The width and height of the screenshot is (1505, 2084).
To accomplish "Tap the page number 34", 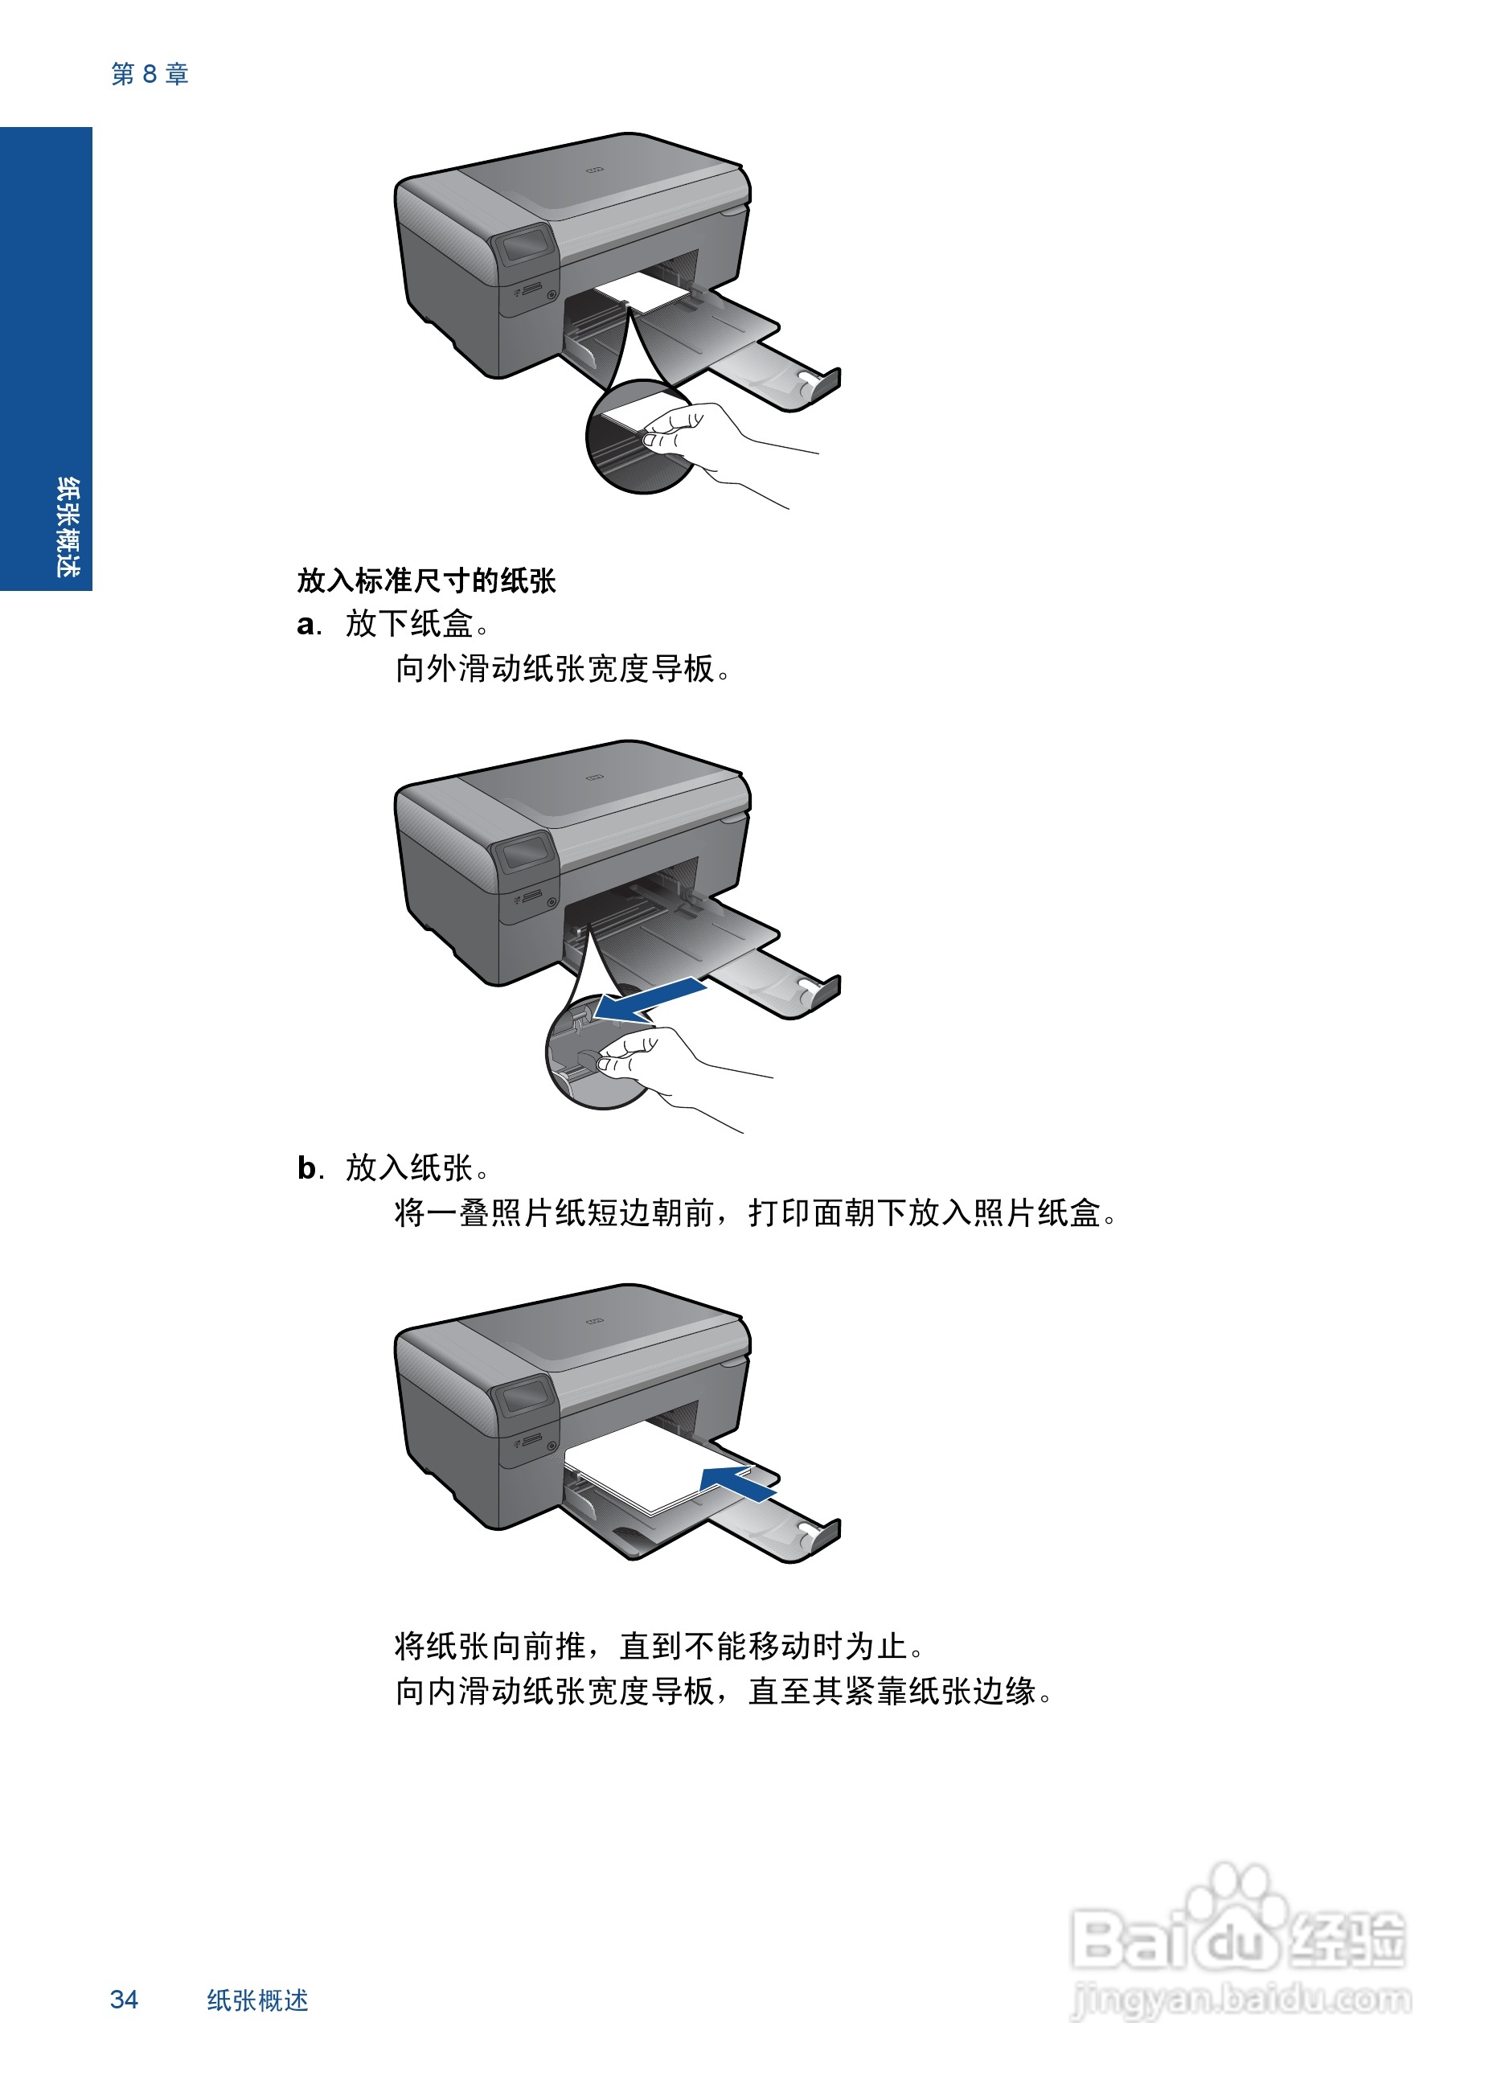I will click(124, 1999).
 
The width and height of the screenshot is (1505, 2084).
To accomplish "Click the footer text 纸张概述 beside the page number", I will click(257, 2000).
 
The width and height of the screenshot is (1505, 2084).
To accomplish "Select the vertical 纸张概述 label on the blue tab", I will click(66, 527).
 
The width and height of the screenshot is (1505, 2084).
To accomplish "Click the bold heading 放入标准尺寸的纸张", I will click(425, 580).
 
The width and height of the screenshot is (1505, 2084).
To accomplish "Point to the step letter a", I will click(306, 626).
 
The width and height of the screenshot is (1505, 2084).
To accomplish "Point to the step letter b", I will click(307, 1169).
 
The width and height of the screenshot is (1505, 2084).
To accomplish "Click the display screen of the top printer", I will click(526, 246).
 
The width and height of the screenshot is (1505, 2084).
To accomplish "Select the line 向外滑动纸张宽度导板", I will click(562, 669).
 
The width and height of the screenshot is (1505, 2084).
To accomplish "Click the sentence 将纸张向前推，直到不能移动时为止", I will click(658, 1646).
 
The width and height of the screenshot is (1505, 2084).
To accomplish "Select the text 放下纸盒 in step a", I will click(409, 625).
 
